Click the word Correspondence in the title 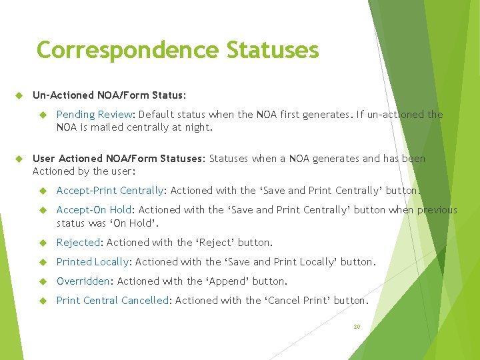[127, 50]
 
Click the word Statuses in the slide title [273, 50]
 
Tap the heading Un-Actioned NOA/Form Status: [109, 95]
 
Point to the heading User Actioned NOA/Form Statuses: [119, 159]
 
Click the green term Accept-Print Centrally [110, 191]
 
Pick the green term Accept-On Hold [94, 210]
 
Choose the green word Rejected [78, 243]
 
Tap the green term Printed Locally [93, 262]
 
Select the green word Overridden [83, 281]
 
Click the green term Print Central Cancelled [113, 301]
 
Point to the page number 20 [357, 327]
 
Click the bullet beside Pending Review [42, 115]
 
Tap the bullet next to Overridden [42, 281]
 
